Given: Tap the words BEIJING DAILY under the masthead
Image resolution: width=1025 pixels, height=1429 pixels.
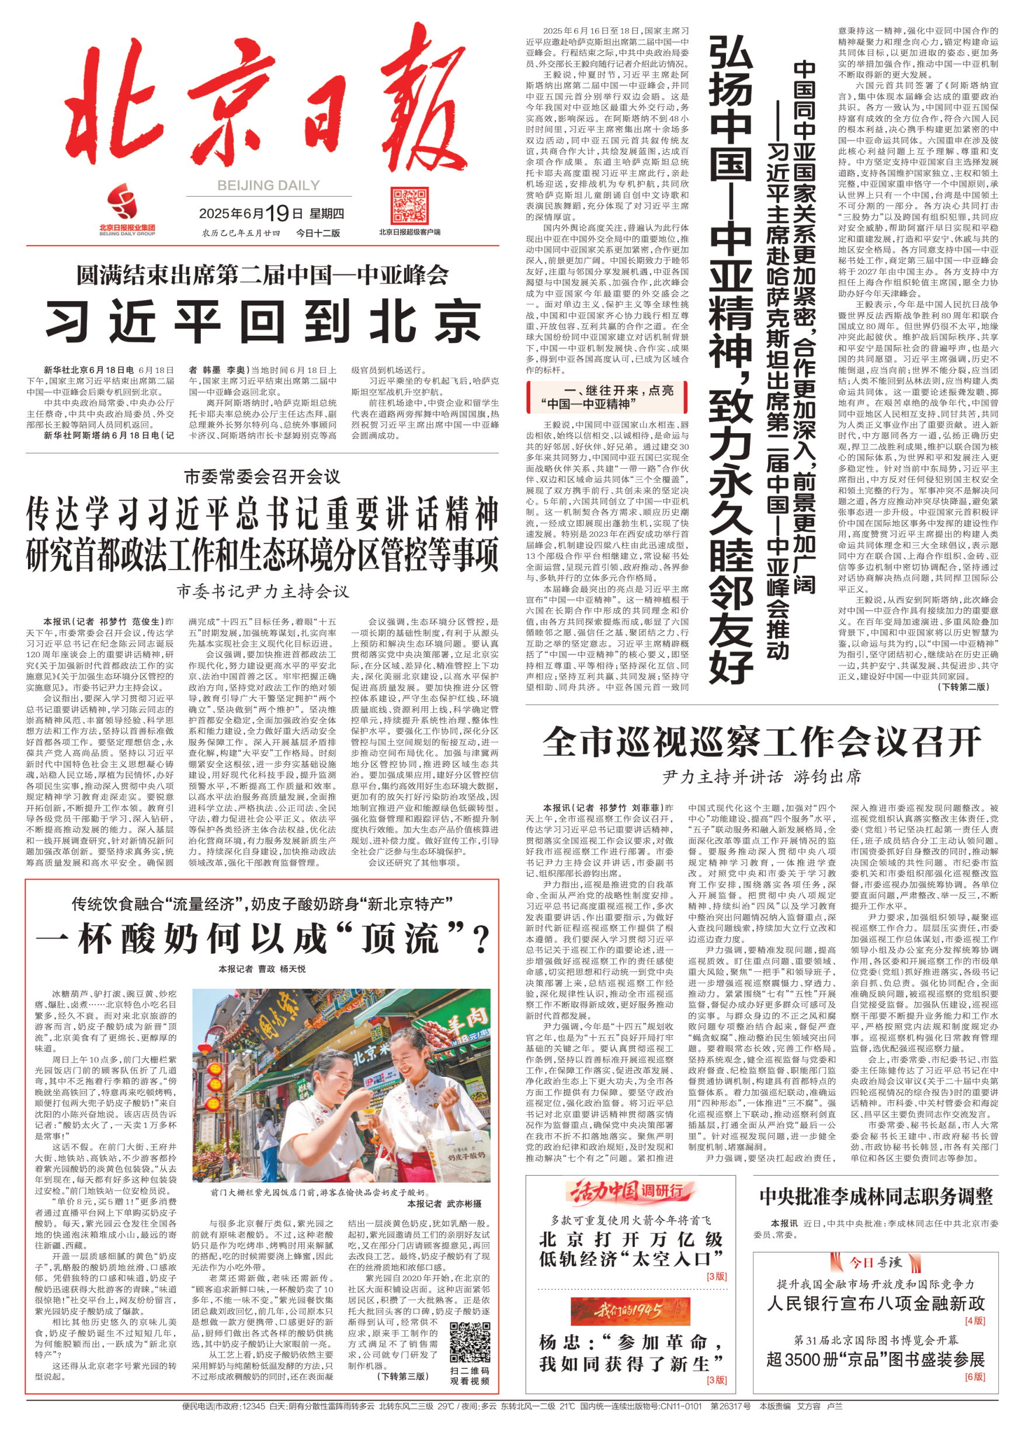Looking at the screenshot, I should pyautogui.click(x=268, y=185).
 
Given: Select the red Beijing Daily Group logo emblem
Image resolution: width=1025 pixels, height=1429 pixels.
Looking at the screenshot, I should pyautogui.click(x=121, y=201).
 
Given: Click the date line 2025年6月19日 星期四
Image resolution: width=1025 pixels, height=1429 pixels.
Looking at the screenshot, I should pyautogui.click(x=271, y=214).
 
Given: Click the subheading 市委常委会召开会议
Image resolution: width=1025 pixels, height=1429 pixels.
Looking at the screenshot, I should pyautogui.click(x=262, y=477).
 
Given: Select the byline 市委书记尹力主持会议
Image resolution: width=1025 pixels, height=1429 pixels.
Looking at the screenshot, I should pyautogui.click(x=262, y=591).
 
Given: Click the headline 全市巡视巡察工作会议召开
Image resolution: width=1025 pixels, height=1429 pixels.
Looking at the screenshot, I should pyautogui.click(x=762, y=742).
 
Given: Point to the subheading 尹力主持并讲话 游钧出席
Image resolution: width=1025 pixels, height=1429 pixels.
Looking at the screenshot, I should pyautogui.click(x=762, y=777).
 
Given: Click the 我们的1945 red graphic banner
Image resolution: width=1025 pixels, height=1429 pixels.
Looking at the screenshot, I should pyautogui.click(x=626, y=1311).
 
